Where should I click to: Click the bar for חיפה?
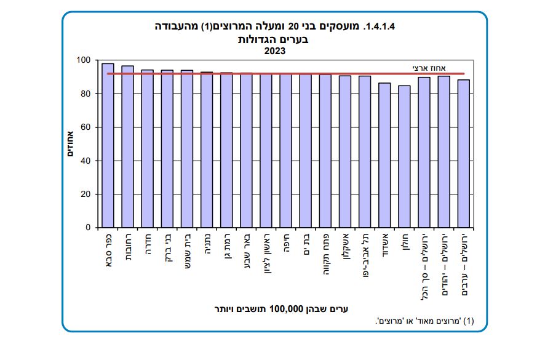coord(285,150)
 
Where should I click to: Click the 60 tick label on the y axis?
coord(84,127)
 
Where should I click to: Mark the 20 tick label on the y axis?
coord(84,194)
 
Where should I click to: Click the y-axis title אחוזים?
coord(70,143)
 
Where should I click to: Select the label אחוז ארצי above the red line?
coord(428,68)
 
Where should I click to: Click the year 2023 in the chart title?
coord(275,51)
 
